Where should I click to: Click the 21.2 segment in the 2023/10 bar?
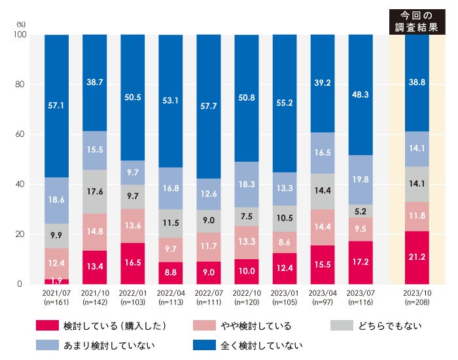tap(417, 257)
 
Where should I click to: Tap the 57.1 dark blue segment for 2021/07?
tap(56, 105)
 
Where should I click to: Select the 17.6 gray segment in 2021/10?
tap(95, 192)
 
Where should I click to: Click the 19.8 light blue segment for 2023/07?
tap(361, 180)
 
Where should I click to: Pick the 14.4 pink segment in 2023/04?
tap(323, 227)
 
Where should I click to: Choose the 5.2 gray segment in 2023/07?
tap(361, 211)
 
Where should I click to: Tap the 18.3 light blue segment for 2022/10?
tap(247, 185)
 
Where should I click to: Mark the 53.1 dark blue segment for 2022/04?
tap(171, 101)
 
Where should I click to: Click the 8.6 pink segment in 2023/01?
tap(285, 242)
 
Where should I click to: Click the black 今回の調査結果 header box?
tap(417, 22)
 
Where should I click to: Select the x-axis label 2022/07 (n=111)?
tap(209, 299)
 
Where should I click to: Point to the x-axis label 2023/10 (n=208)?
tap(417, 299)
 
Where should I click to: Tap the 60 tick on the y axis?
tap(19, 134)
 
